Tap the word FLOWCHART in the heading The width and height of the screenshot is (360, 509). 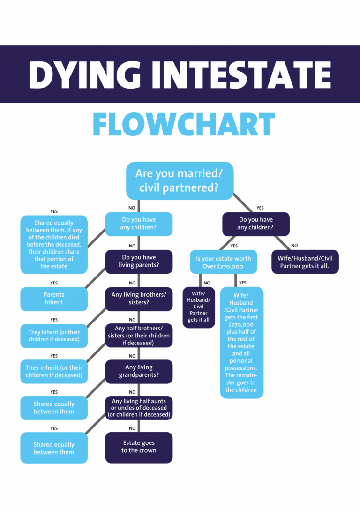pos(183,124)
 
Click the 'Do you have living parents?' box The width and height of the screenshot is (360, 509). pos(139,262)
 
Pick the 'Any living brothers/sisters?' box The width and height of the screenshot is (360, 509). pos(139,299)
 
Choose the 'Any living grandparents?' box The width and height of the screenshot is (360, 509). pos(139,371)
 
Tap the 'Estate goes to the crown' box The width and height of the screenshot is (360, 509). pos(139,447)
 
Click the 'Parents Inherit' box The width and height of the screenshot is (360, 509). pos(54,299)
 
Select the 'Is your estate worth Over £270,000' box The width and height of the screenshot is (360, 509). pos(224,262)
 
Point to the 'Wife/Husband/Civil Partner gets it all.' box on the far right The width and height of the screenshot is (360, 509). pos(305,262)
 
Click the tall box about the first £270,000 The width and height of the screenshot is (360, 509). pos(242,343)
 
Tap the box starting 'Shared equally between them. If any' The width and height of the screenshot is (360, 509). pos(54,244)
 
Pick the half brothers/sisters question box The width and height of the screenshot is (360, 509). pos(139,335)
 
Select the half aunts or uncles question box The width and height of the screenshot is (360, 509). pos(139,408)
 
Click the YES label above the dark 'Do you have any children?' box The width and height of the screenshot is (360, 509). pos(260,208)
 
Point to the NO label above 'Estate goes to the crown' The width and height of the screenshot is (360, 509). pos(132,428)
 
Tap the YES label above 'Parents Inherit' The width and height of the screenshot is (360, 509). pos(54,283)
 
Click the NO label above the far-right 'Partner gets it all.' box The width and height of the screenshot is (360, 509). pos(294,245)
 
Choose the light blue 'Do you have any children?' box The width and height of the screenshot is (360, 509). pos(139,224)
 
